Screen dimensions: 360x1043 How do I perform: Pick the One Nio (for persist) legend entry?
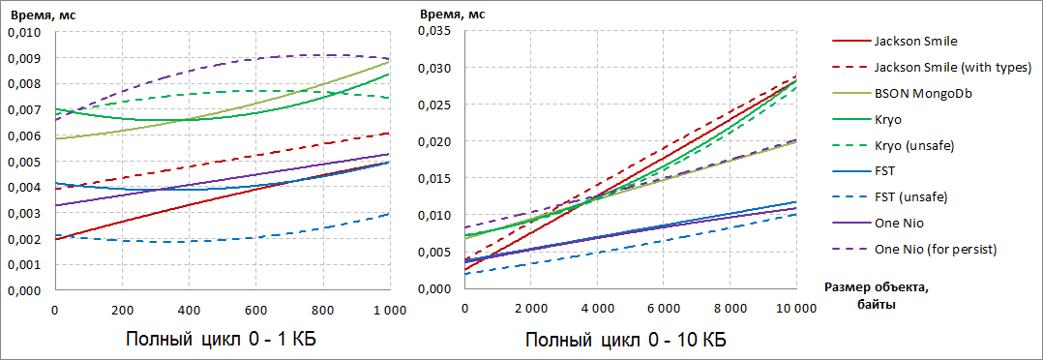tap(935, 250)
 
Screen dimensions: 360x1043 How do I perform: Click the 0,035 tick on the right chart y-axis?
tap(435, 32)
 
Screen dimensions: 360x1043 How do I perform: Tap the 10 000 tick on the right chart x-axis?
tap(795, 309)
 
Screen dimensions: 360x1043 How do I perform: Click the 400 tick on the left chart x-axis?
tap(189, 309)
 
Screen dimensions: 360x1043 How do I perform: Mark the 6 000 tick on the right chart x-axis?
tap(664, 309)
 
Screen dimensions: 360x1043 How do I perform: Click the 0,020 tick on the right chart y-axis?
tap(435, 142)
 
